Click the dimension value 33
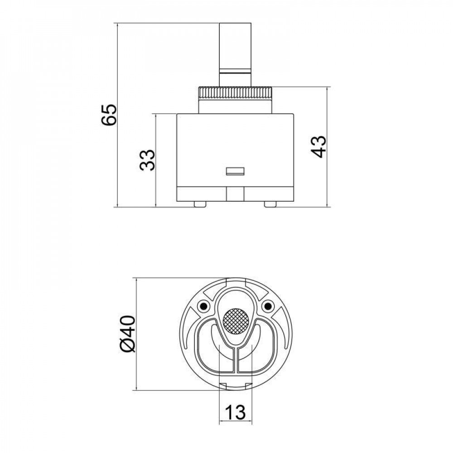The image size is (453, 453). (x=148, y=160)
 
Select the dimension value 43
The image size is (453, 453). (x=319, y=146)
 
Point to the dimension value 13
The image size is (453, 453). (x=235, y=412)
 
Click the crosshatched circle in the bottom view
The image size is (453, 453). (x=236, y=321)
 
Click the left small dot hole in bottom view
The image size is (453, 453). (x=203, y=307)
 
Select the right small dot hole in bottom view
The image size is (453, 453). (x=268, y=307)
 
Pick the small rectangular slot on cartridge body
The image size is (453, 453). (x=235, y=171)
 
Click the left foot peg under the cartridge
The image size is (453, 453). (x=199, y=204)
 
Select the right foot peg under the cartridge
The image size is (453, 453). (x=270, y=204)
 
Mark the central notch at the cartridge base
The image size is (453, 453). (x=235, y=194)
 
